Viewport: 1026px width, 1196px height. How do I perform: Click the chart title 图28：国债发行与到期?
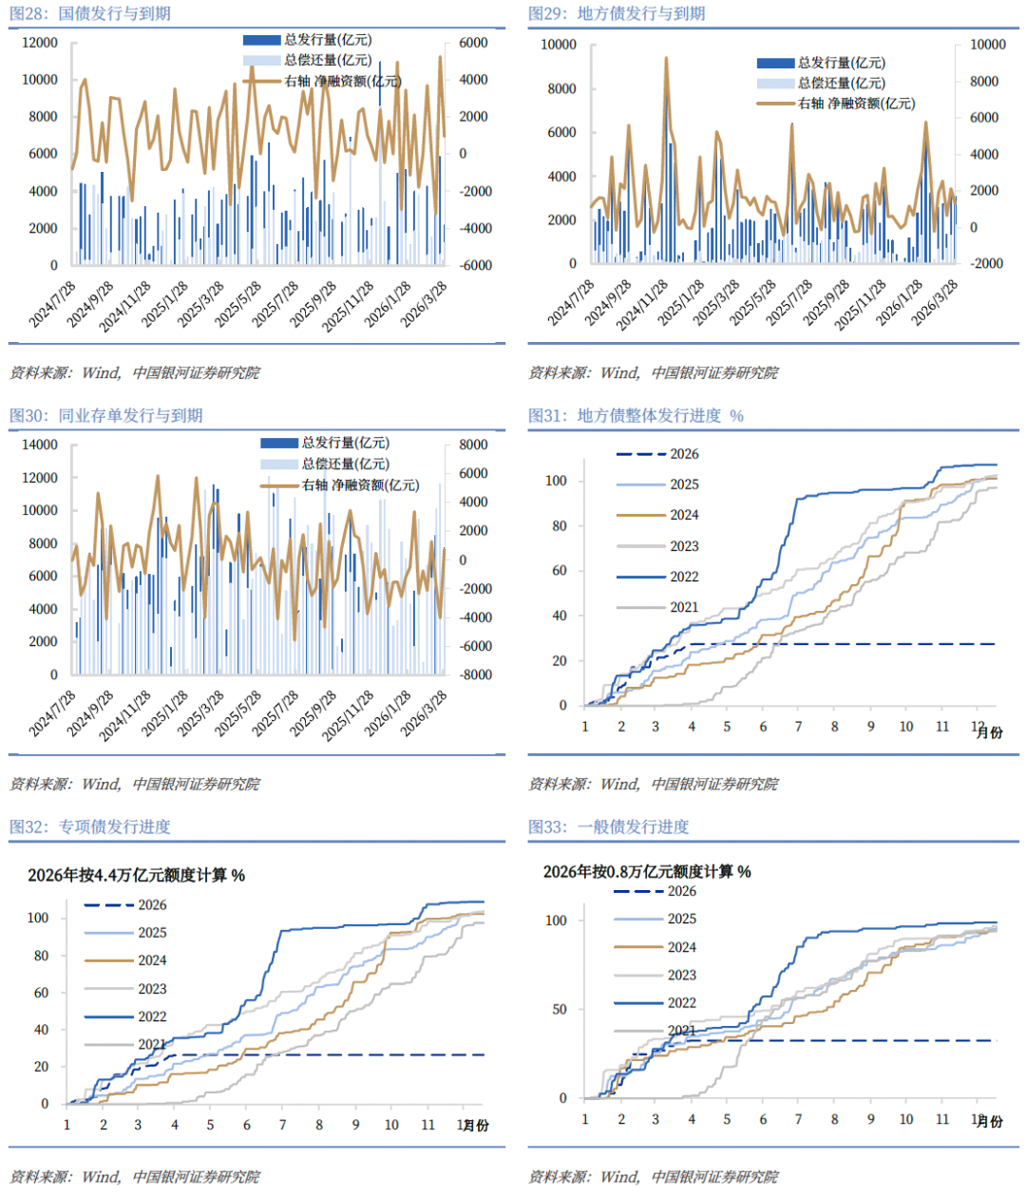point(90,14)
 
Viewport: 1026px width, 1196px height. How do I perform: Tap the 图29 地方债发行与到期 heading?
point(617,14)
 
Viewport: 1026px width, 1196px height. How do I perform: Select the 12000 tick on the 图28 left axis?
point(40,43)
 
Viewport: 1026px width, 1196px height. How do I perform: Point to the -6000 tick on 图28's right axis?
point(475,265)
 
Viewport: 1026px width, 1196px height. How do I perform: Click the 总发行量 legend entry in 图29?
point(841,63)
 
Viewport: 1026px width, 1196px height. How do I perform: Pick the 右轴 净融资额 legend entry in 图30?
point(360,485)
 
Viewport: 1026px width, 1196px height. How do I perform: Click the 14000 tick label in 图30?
point(40,445)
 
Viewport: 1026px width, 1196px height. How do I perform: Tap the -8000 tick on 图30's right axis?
point(475,674)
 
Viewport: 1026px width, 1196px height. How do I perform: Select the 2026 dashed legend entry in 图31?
point(683,454)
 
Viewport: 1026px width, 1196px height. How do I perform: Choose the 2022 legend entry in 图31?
point(683,577)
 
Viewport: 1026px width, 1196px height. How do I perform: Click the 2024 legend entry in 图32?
point(152,960)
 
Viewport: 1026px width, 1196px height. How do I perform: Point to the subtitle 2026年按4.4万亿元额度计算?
point(136,875)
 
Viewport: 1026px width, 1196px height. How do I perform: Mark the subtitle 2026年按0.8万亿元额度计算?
point(647,871)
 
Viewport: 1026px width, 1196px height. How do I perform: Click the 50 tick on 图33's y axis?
point(560,1009)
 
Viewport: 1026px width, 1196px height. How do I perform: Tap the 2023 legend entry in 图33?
point(681,975)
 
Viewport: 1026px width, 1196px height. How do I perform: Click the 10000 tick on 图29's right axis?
point(987,45)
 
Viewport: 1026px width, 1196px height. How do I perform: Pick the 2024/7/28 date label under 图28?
point(53,303)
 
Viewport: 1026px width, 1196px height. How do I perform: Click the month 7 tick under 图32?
point(282,1125)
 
